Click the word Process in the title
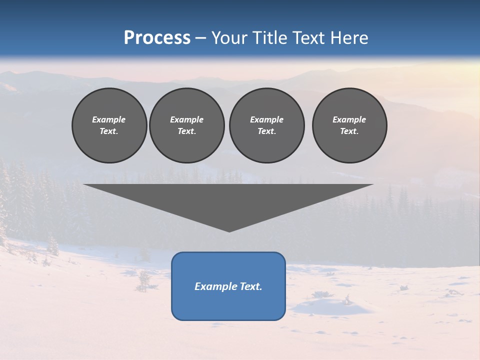point(157,38)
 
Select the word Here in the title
point(349,38)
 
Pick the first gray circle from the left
point(109,125)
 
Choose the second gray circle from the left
point(186,125)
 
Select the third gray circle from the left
point(266,125)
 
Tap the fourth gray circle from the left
point(349,125)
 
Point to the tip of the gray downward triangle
point(229,230)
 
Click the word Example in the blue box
point(214,286)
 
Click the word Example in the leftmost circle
point(109,119)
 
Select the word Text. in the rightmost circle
point(349,131)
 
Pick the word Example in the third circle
point(266,119)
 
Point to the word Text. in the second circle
point(186,131)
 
